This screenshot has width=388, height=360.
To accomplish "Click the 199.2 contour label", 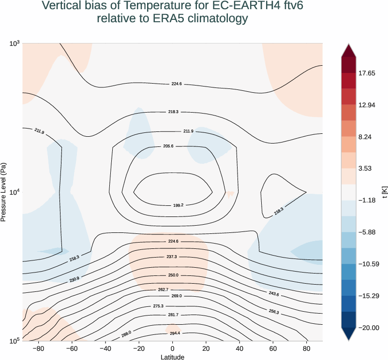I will [178, 205].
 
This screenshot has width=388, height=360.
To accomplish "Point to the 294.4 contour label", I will [175, 333].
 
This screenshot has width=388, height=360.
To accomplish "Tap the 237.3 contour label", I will [172, 257].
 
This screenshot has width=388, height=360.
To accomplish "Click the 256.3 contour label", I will [273, 312].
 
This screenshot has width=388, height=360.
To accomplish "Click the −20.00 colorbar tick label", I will [369, 328].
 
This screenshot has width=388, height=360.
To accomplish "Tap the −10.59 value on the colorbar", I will [369, 264].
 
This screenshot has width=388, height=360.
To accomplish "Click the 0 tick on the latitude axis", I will [172, 348].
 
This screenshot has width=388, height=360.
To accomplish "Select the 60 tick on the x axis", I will [273, 348].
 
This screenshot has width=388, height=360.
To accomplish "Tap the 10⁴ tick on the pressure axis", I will [14, 192].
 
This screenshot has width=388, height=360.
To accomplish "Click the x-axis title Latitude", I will [172, 357].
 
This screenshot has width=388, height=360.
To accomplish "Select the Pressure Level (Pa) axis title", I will [4, 192].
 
